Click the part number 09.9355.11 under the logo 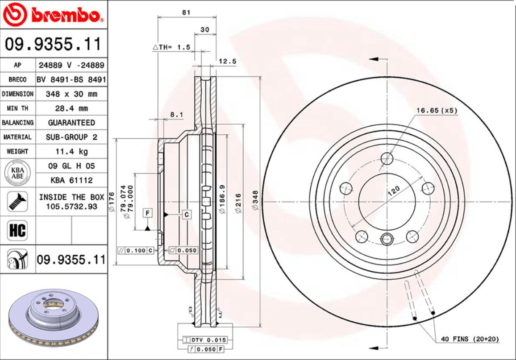point(53,45)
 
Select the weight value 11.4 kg point(71,151)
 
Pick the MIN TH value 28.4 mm point(71,108)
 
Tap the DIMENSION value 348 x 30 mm point(71,94)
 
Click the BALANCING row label point(17,123)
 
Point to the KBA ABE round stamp point(17,173)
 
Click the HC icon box point(17,231)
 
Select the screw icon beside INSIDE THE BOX point(17,201)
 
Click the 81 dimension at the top point(186,12)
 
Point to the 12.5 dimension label point(228,61)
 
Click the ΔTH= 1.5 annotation point(171,47)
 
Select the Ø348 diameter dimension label point(255,201)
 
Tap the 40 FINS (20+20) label point(469,339)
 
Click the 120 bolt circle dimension point(393,192)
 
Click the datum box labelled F point(147,213)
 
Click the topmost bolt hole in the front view point(387,158)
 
